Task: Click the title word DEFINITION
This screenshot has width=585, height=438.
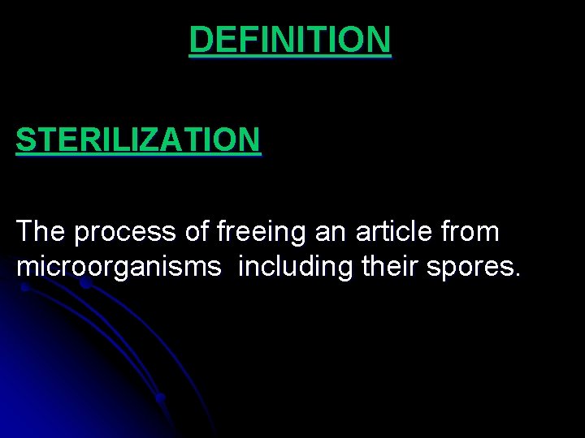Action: click(290, 40)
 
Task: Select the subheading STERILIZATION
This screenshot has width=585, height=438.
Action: click(138, 140)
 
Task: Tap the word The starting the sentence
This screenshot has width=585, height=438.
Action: click(41, 232)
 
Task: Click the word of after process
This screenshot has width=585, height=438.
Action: click(197, 232)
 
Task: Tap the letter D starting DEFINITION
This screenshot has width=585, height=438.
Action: click(200, 40)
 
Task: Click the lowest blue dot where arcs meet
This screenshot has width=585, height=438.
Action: click(161, 397)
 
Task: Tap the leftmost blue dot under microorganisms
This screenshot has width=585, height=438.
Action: click(25, 286)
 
